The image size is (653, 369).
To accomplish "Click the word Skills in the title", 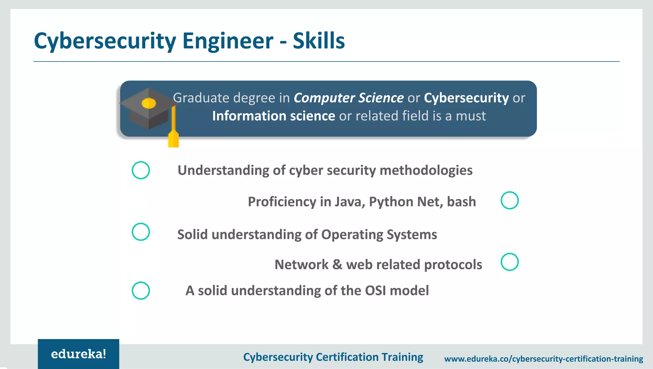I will (319, 41).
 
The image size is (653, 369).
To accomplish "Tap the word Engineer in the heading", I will (228, 41).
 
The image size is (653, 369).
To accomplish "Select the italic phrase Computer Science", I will (349, 98).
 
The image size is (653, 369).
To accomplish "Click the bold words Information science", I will (274, 116).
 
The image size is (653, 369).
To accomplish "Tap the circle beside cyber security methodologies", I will (141, 170).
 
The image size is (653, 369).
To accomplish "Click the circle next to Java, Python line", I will (510, 200).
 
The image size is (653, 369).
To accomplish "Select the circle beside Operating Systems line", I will (141, 232).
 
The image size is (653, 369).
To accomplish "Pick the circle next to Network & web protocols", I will (510, 262).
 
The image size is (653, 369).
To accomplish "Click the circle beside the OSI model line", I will (141, 291).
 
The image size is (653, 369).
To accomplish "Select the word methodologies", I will (426, 170).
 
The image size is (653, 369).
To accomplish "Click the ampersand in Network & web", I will (337, 265).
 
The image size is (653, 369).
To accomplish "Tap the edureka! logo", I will (78, 354).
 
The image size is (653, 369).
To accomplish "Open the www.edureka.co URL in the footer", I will (544, 359).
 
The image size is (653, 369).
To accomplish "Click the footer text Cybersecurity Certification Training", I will (333, 357).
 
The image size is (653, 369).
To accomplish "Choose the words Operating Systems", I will (379, 234).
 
